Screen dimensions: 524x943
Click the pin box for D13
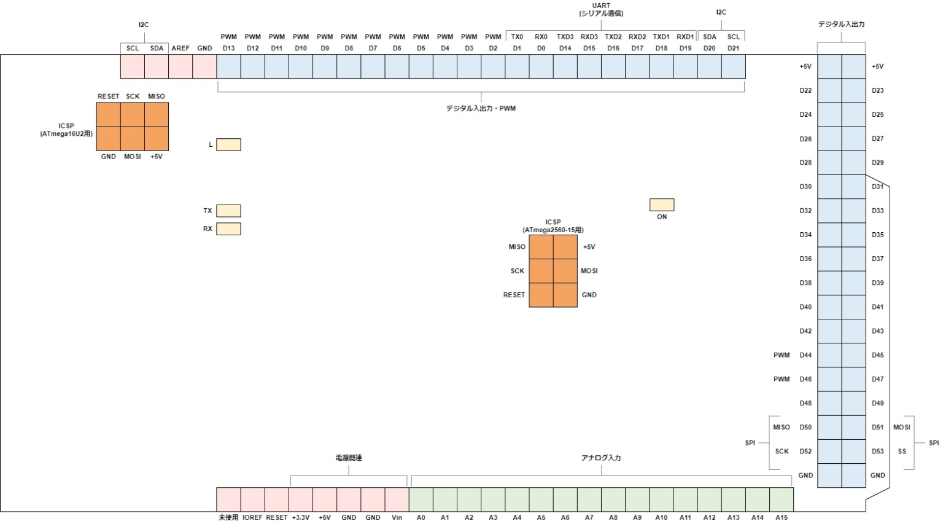pyautogui.click(x=228, y=66)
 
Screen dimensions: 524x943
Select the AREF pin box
pyautogui.click(x=180, y=66)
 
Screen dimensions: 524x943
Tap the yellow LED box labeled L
pyautogui.click(x=228, y=144)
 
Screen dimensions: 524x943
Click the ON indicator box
pyautogui.click(x=662, y=205)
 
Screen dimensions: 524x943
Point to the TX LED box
pyautogui.click(x=228, y=211)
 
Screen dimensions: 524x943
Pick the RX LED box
pyautogui.click(x=228, y=229)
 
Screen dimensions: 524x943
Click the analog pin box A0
pyautogui.click(x=421, y=499)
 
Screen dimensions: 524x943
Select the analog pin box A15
pyautogui.click(x=782, y=499)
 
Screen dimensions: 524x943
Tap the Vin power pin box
pyautogui.click(x=397, y=499)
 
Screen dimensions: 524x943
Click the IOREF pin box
pyautogui.click(x=252, y=499)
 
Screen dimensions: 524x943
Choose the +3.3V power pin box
pyautogui.click(x=301, y=499)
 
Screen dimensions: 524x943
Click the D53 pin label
pyautogui.click(x=878, y=452)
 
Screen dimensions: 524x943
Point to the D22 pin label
pyautogui.click(x=805, y=90)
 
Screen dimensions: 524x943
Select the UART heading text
pyautogui.click(x=601, y=6)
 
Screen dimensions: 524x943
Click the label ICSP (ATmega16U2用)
pyautogui.click(x=66, y=130)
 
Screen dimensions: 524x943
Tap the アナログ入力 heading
pyautogui.click(x=601, y=458)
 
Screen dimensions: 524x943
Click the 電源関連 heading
pyautogui.click(x=349, y=458)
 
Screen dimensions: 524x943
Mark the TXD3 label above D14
pyautogui.click(x=565, y=37)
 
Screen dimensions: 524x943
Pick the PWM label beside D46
pyautogui.click(x=782, y=379)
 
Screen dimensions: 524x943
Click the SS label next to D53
pyautogui.click(x=902, y=452)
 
